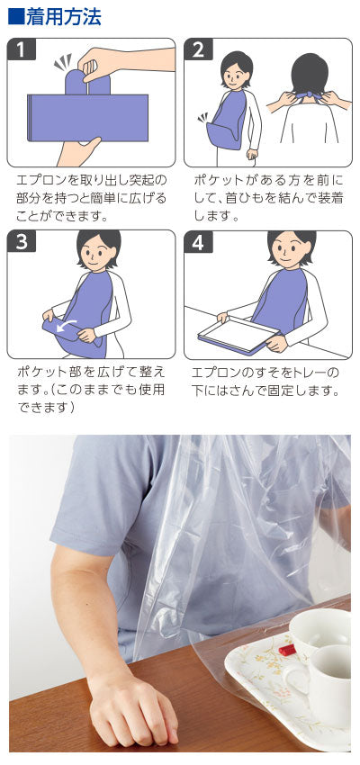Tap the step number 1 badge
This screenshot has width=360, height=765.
coord(20,49)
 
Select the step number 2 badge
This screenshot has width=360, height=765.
coord(198,49)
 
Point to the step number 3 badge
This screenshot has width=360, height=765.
coord(20,241)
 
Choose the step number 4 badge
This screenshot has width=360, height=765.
coord(198,242)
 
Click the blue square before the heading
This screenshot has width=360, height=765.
coord(14,16)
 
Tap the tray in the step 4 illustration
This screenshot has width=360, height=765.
coord(236,335)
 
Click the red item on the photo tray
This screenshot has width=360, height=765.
coord(286,647)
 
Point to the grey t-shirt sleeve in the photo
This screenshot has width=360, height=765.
coord(99,504)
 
